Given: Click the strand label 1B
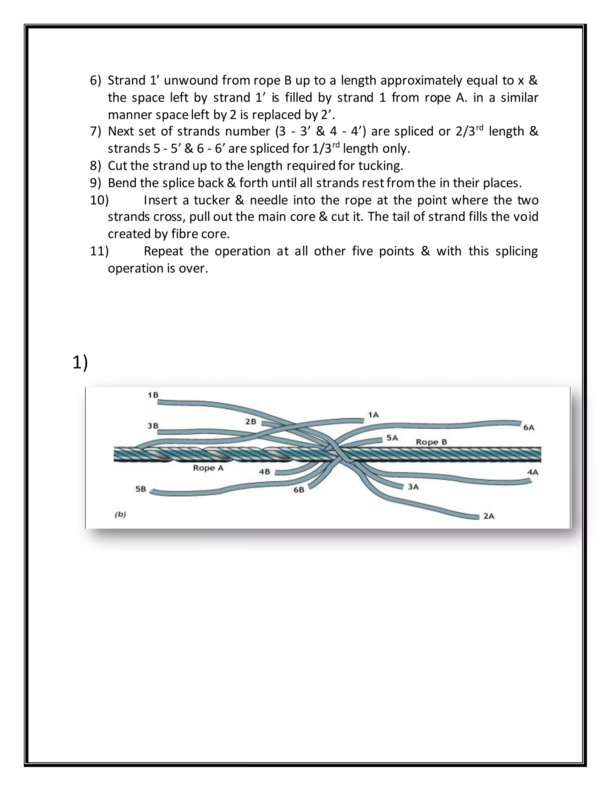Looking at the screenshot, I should pyautogui.click(x=153, y=395).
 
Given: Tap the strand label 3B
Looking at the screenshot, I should pyautogui.click(x=153, y=426).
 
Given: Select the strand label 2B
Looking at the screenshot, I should pyautogui.click(x=251, y=422).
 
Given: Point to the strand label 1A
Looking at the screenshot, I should pyautogui.click(x=373, y=415).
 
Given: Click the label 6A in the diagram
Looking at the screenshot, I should pyautogui.click(x=529, y=427).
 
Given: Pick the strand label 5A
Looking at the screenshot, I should pyautogui.click(x=392, y=438).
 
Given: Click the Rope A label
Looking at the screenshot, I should pyautogui.click(x=208, y=468).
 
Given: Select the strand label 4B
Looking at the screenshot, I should pyautogui.click(x=264, y=472).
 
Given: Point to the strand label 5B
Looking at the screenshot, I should pyautogui.click(x=141, y=489).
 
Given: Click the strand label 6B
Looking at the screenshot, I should pyautogui.click(x=298, y=490).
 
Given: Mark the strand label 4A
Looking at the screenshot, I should pyautogui.click(x=533, y=472).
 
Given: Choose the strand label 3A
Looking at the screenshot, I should pyautogui.click(x=413, y=487).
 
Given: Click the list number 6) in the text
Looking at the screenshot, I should pyautogui.click(x=95, y=80).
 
